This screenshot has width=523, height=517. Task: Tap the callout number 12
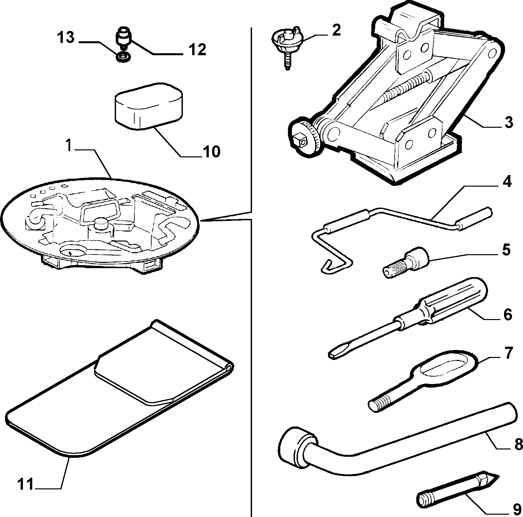pyautogui.click(x=197, y=50)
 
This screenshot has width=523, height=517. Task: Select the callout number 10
pyautogui.click(x=211, y=151)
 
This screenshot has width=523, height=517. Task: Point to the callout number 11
pyautogui.click(x=25, y=484)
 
